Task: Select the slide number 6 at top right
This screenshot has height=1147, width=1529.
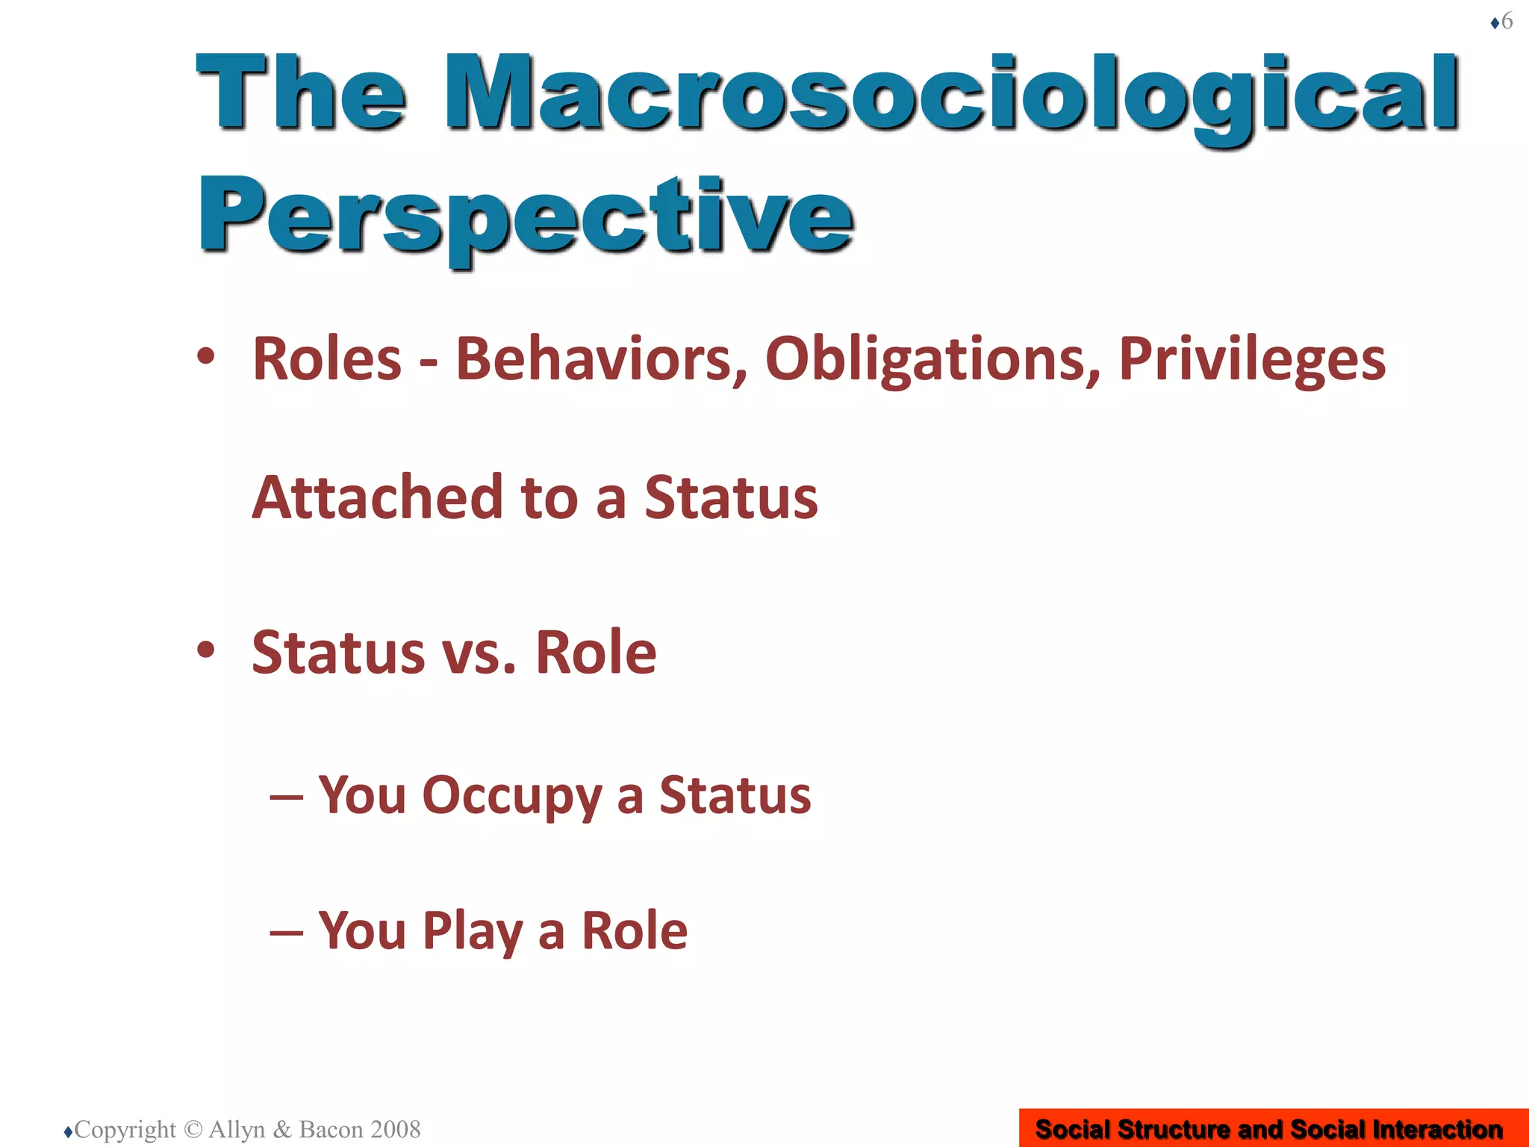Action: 1507,21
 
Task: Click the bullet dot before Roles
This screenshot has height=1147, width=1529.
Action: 206,356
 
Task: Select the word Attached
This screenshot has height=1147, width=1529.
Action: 378,497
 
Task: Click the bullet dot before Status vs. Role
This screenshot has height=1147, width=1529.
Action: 206,650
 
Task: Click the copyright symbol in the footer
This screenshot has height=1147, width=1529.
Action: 193,1129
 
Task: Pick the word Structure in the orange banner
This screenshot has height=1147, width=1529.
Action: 1174,1129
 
